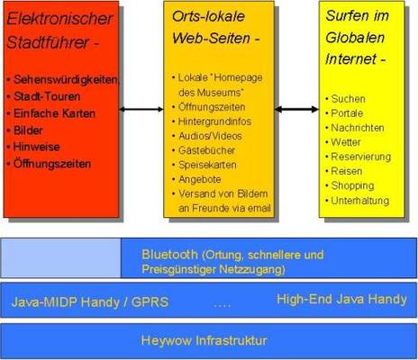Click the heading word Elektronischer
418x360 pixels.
coord(59,19)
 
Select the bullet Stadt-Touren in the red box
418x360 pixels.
coord(47,96)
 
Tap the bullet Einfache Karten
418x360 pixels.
coord(54,113)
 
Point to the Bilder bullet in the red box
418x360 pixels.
coord(28,130)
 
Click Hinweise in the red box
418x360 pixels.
coord(36,147)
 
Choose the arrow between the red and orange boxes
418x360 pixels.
coord(141,109)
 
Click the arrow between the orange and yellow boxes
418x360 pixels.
coord(296,109)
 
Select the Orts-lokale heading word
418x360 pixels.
coord(208,16)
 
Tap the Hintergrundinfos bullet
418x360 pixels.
coord(214,121)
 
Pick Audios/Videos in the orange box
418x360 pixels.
coord(210,136)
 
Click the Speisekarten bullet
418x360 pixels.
coord(207,165)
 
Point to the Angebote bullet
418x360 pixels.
coord(200,179)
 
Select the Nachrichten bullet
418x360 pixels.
coord(358,128)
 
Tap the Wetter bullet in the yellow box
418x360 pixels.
coord(346,142)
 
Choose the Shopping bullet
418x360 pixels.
coord(352,186)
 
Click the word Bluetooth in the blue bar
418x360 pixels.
coord(169,255)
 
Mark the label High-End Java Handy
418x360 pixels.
coord(341,299)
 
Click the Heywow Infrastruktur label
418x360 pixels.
coord(204,340)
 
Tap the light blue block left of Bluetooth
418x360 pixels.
coord(61,258)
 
